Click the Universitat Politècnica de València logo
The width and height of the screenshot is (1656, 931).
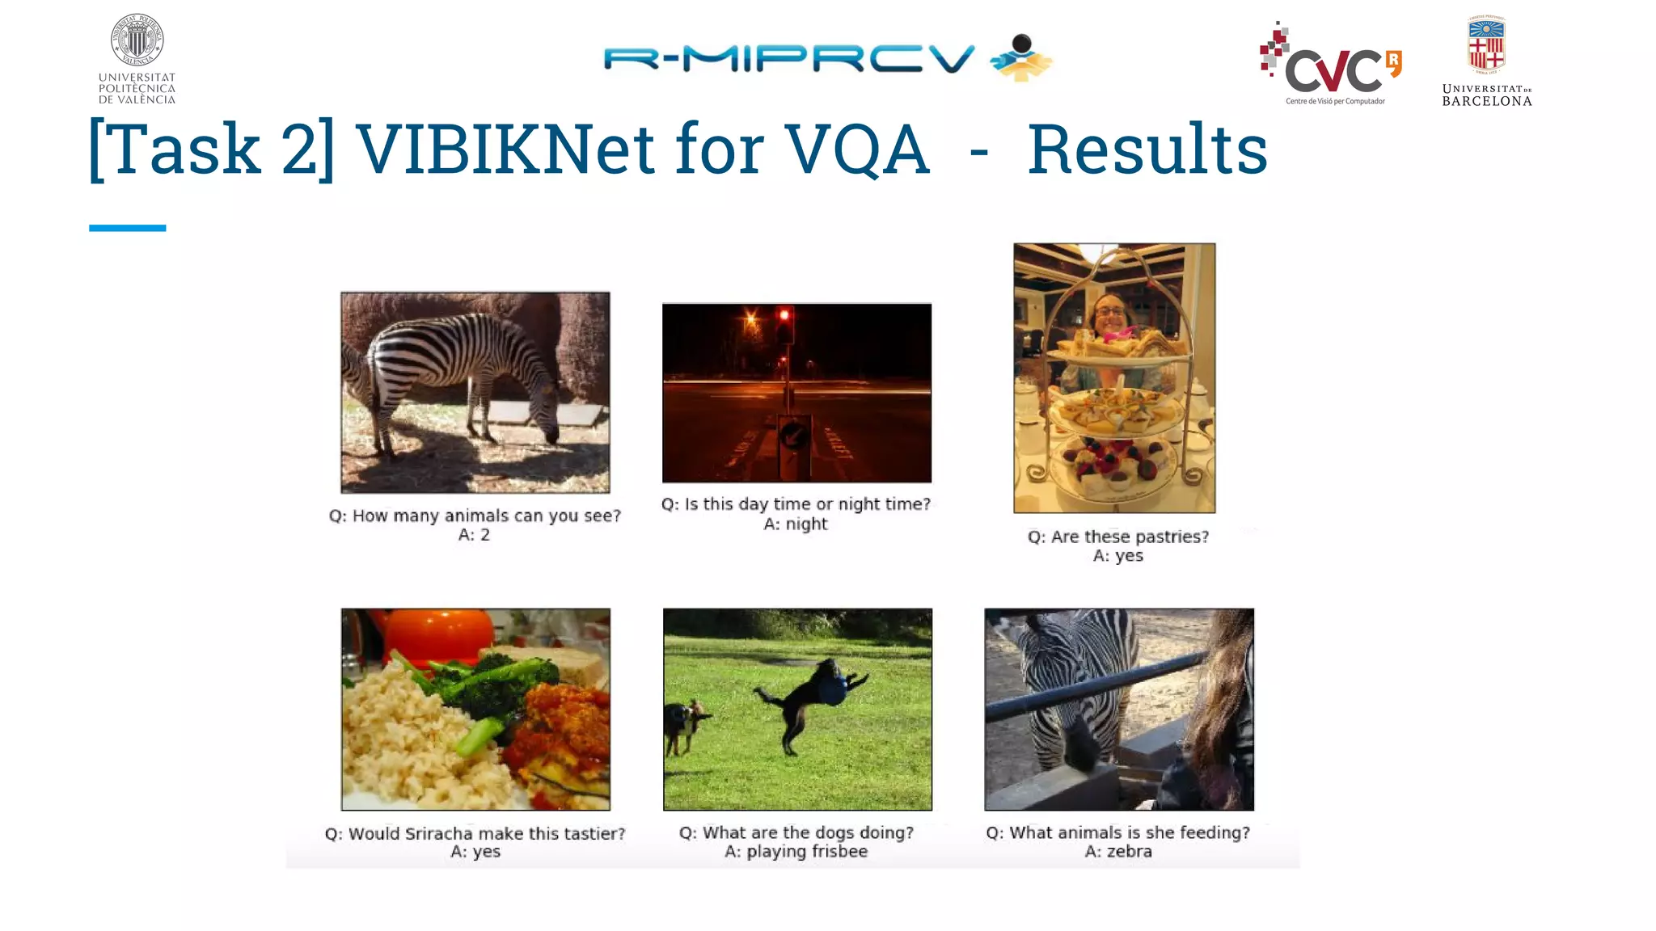click(x=137, y=59)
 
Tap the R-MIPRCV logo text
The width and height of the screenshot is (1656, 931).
click(x=788, y=59)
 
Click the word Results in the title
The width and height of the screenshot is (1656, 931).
click(x=1147, y=150)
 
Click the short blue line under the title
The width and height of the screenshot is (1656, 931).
click(x=127, y=228)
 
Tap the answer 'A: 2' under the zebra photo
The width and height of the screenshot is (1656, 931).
click(x=474, y=535)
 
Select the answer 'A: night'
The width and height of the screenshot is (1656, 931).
click(x=796, y=524)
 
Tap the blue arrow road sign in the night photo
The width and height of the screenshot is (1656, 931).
click(x=793, y=437)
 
